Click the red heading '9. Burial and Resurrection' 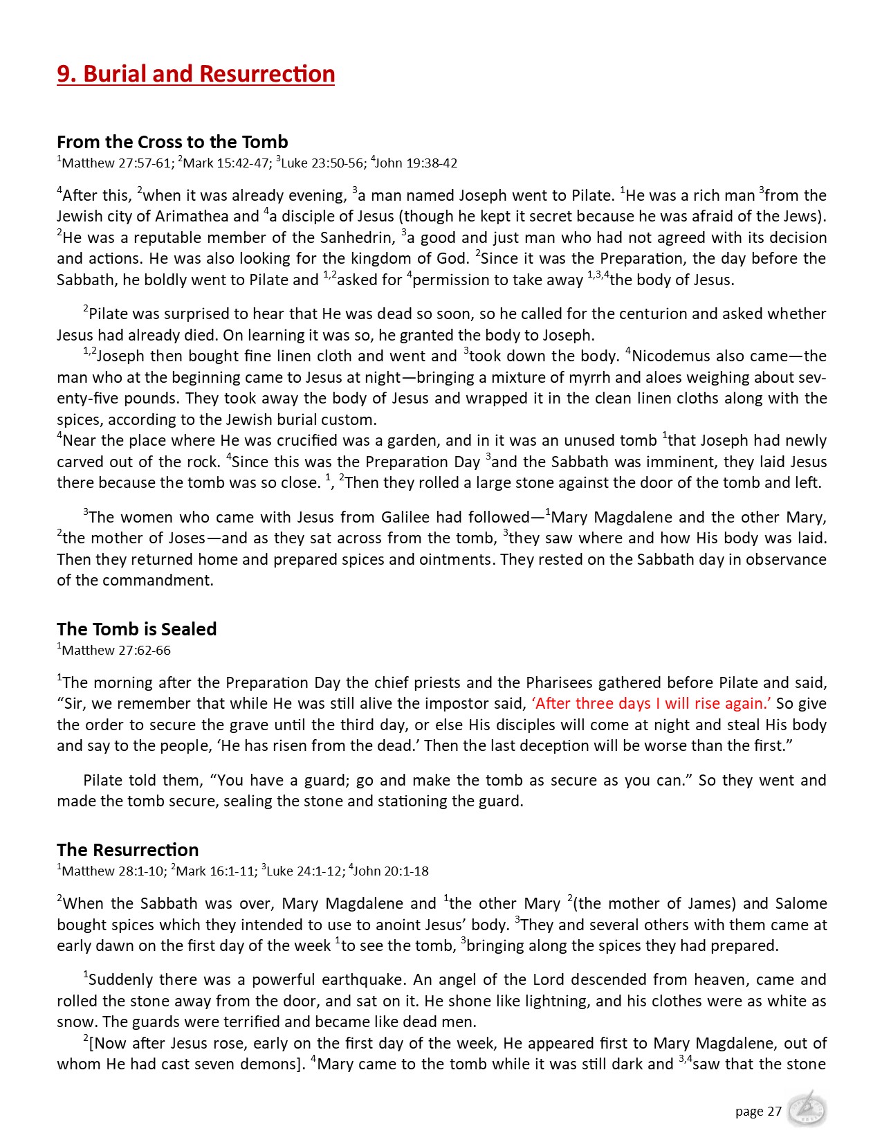point(196,74)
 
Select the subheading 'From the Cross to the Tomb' point(172,142)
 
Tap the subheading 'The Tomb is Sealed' point(136,629)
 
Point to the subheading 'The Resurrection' point(127,850)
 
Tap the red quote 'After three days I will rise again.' point(651,704)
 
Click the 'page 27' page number point(758,1112)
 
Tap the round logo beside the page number point(806,1109)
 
